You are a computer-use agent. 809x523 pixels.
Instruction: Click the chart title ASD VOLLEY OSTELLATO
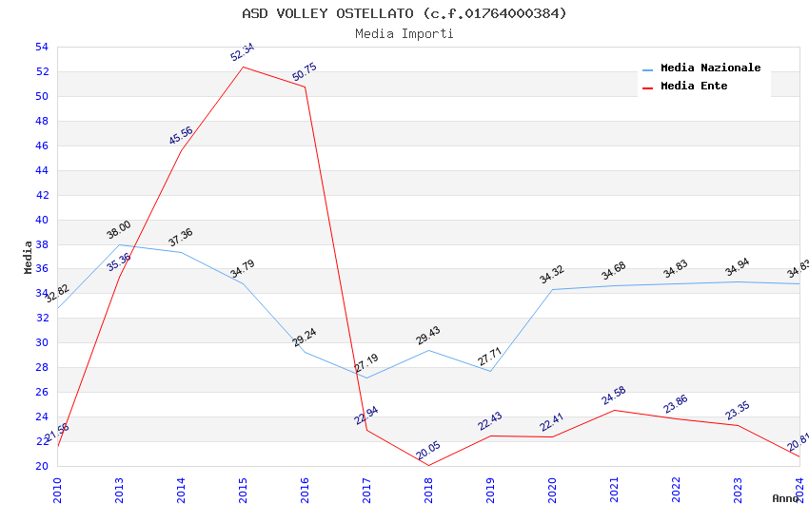pyautogui.click(x=404, y=13)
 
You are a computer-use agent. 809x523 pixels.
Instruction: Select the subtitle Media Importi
pyautogui.click(x=404, y=34)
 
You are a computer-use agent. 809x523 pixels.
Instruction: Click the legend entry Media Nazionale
pyautogui.click(x=710, y=68)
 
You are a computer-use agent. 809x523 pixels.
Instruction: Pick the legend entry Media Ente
pyautogui.click(x=693, y=87)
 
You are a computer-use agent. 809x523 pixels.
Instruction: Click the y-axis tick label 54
pyautogui.click(x=41, y=48)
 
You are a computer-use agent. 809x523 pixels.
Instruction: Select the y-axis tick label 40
pyautogui.click(x=41, y=220)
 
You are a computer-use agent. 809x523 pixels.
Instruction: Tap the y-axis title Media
pyautogui.click(x=29, y=257)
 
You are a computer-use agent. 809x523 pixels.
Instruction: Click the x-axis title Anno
pyautogui.click(x=784, y=498)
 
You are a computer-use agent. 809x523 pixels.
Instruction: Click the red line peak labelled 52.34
pyautogui.click(x=244, y=67)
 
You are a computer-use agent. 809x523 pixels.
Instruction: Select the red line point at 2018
pyautogui.click(x=429, y=465)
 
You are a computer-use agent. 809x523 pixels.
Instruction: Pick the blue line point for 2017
pyautogui.click(x=367, y=378)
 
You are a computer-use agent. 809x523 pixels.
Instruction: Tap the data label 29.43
pyautogui.click(x=428, y=336)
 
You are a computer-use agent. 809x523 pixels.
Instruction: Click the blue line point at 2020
pyautogui.click(x=553, y=290)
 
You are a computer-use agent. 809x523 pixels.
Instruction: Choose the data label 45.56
pyautogui.click(x=181, y=135)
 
